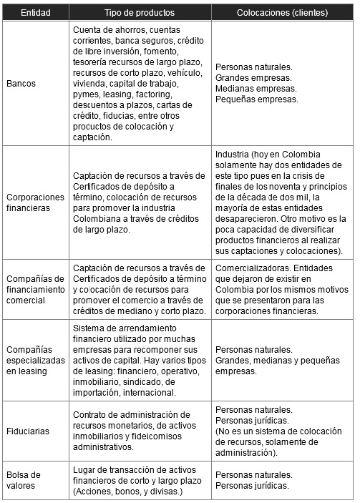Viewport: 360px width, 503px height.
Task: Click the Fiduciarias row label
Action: [x=26, y=431]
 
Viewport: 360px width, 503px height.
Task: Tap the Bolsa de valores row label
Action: [x=24, y=479]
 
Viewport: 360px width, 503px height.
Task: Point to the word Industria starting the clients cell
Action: [x=233, y=155]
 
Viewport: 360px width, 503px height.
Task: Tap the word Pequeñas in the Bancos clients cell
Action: [x=234, y=99]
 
